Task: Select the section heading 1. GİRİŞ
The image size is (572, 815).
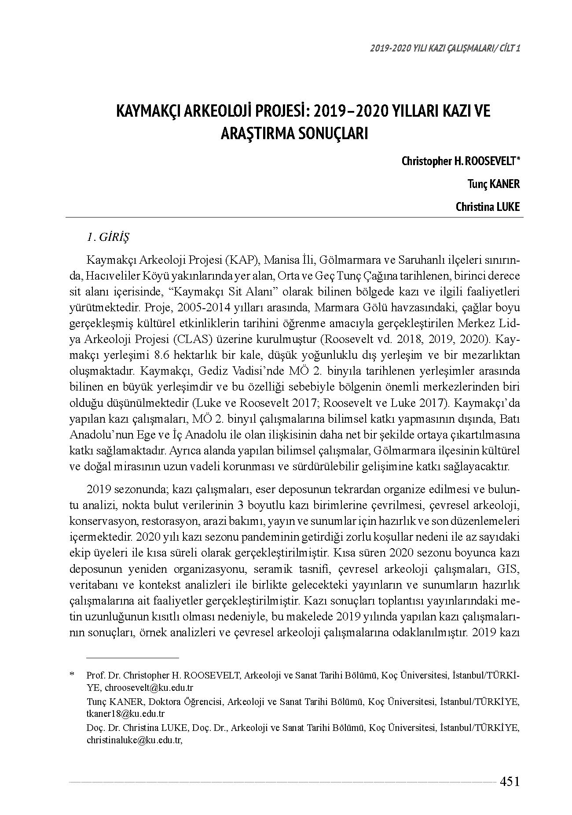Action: [x=108, y=237]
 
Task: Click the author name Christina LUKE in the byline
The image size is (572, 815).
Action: [x=488, y=207]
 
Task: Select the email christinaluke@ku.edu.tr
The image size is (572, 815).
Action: [x=134, y=740]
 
